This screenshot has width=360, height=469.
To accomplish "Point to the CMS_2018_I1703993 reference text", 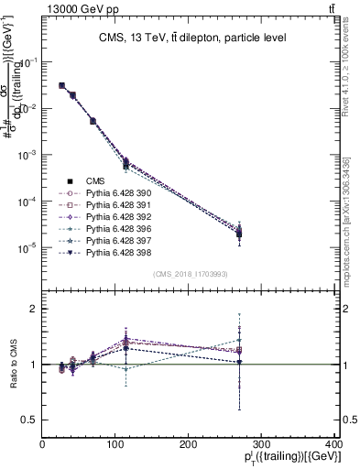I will click(189, 274).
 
